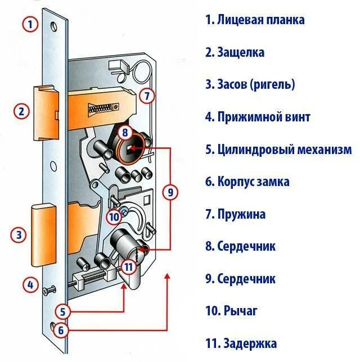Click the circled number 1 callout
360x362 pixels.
click(30, 24)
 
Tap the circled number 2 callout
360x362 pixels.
click(22, 111)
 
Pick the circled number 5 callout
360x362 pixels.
click(63, 310)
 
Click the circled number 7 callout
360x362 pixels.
click(146, 96)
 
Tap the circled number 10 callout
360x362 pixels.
click(114, 216)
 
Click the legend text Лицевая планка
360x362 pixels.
click(255, 20)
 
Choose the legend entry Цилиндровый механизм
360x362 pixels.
click(278, 150)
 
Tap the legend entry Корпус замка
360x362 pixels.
click(247, 182)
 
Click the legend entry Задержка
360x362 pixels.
click(242, 343)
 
